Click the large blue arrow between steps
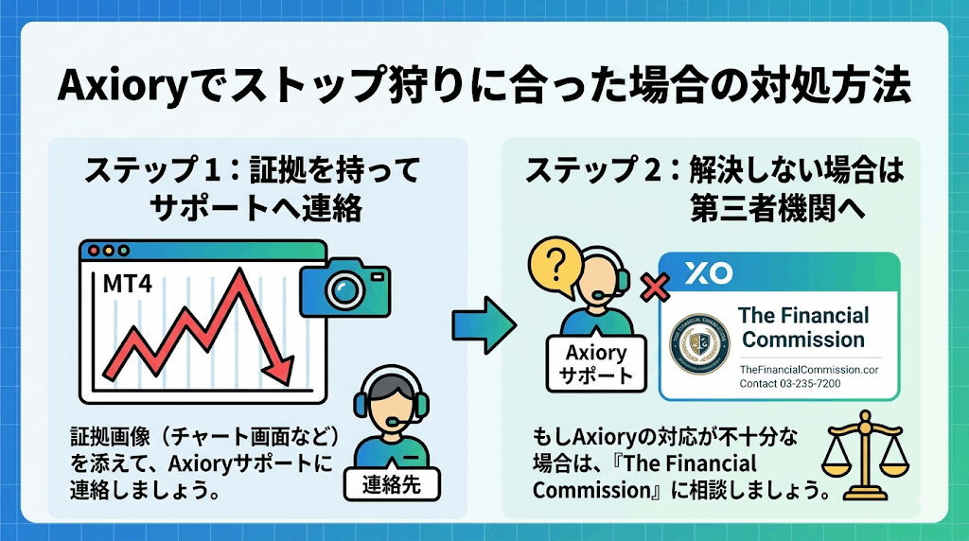(484, 322)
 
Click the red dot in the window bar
(93, 253)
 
